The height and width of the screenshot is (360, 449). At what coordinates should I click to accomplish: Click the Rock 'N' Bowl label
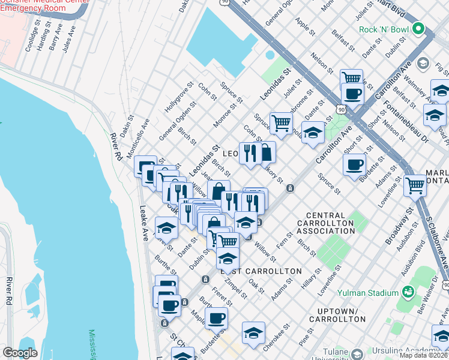384,29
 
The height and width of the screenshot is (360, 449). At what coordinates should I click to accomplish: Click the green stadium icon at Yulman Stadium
409,292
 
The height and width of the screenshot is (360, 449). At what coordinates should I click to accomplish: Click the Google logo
20,353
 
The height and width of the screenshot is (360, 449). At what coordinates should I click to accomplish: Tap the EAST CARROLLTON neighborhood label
261,271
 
